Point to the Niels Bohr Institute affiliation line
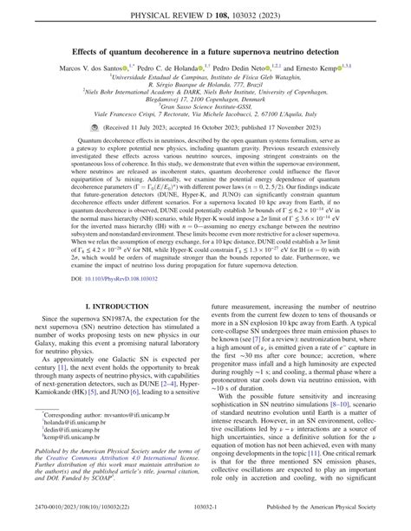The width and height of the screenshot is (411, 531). [205, 91]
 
